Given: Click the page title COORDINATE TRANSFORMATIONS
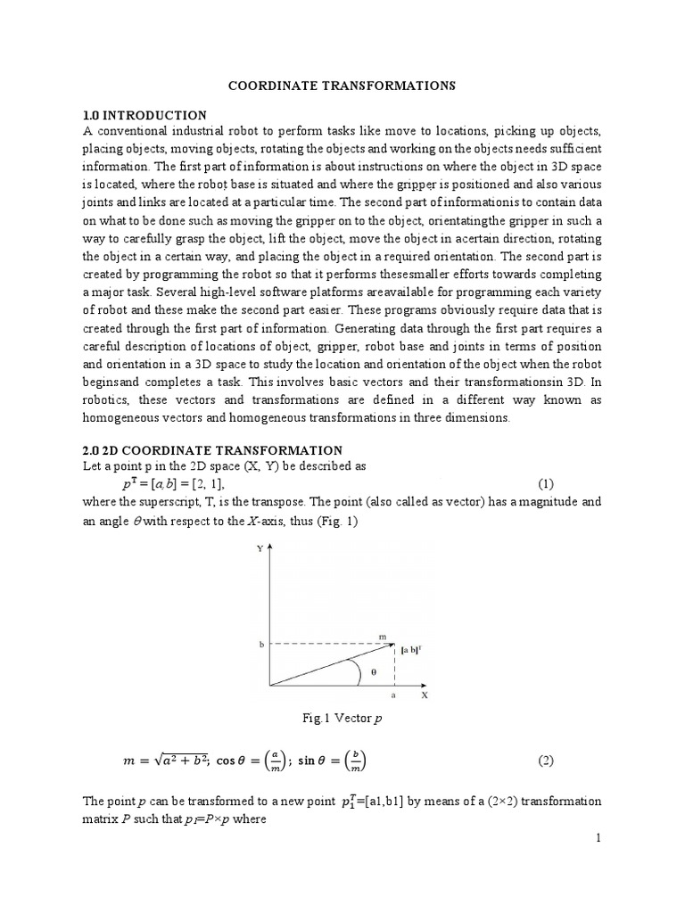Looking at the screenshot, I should coord(343,86).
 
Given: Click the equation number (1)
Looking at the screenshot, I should coord(547,483).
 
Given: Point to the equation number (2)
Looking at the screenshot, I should coord(547,761).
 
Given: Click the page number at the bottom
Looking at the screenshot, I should coord(598,837).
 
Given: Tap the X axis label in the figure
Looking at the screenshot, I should coord(425,696).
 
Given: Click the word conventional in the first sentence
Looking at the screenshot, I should coord(128,132).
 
